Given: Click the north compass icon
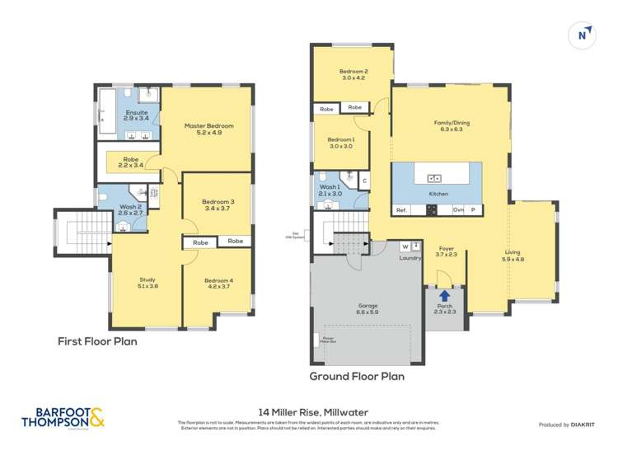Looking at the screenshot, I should pyautogui.click(x=583, y=35).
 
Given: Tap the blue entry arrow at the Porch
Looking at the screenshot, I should pyautogui.click(x=445, y=294).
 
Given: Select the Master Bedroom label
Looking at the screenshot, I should pyautogui.click(x=208, y=126).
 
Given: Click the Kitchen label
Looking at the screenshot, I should pyautogui.click(x=438, y=194).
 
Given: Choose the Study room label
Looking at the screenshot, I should pyautogui.click(x=147, y=280).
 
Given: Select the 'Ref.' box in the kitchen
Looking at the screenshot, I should pyautogui.click(x=401, y=210).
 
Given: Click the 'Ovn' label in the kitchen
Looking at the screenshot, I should pyautogui.click(x=458, y=210).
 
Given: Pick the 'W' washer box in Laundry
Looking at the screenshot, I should pyautogui.click(x=405, y=247).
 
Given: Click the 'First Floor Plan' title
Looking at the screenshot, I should pyautogui.click(x=97, y=341).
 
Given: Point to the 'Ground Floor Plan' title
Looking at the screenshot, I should pyautogui.click(x=356, y=376).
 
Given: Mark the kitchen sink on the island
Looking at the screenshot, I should pyautogui.click(x=435, y=177).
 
